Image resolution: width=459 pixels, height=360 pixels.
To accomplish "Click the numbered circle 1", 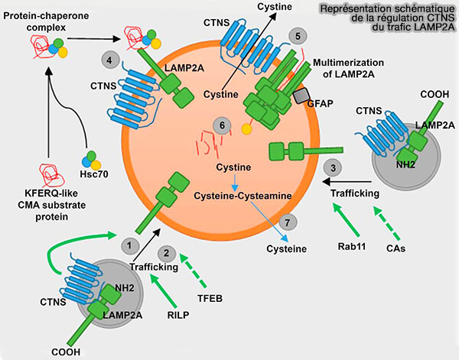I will (x=131, y=245).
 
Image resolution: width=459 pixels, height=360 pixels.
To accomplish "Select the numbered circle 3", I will (x=332, y=167).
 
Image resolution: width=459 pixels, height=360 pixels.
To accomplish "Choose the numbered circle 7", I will (x=288, y=222).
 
